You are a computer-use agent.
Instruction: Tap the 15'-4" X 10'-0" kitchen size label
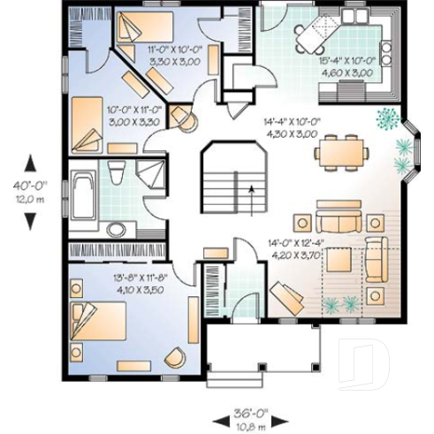[347, 66]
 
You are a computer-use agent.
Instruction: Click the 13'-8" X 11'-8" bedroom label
[134, 282]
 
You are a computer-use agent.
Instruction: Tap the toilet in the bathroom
[118, 174]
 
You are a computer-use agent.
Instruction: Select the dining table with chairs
[340, 151]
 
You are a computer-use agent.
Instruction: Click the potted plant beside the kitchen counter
[385, 115]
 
